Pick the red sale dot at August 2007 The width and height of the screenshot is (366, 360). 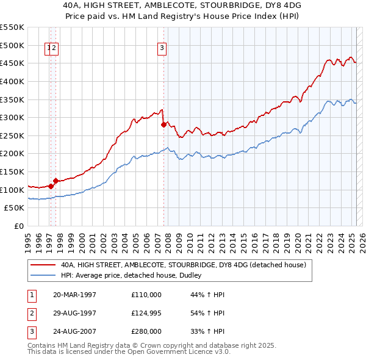[164, 124]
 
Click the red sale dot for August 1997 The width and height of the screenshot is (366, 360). [56, 181]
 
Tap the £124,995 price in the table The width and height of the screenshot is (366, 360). [146, 313]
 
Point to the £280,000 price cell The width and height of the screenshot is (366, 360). [146, 331]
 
